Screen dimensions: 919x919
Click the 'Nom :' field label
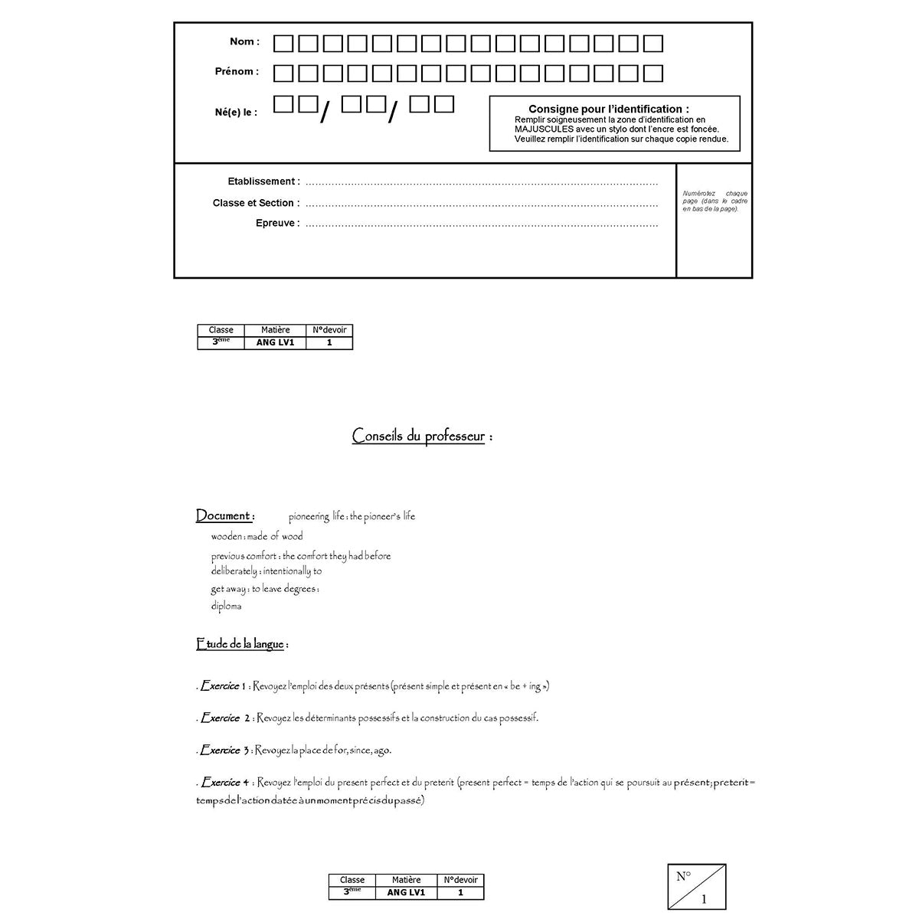pos(244,42)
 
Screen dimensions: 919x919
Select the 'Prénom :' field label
pos(237,72)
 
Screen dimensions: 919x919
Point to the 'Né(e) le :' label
pos(236,113)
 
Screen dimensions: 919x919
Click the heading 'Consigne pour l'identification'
pos(608,110)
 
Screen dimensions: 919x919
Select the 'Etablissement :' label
pos(263,182)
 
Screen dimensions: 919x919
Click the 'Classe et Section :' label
pos(256,203)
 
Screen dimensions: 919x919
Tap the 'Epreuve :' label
pos(277,224)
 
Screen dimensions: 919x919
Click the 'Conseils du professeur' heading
pos(418,437)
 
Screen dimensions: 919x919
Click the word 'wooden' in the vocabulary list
pos(227,537)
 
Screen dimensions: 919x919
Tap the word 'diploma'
pos(227,607)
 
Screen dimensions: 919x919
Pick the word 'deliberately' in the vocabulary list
pos(234,571)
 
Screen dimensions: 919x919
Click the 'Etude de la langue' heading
pos(240,645)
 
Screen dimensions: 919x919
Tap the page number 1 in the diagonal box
pos(705,900)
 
